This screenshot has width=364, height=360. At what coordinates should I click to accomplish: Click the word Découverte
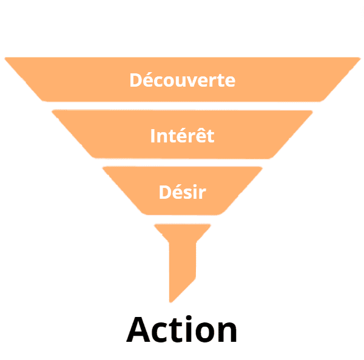pyautogui.click(x=182, y=80)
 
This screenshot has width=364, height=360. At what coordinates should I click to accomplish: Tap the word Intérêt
pyautogui.click(x=182, y=136)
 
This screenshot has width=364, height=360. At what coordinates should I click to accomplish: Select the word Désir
pyautogui.click(x=182, y=193)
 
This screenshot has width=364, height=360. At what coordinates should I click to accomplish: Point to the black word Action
pyautogui.click(x=182, y=330)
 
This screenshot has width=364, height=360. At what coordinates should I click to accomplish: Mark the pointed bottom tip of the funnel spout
pyautogui.click(x=172, y=301)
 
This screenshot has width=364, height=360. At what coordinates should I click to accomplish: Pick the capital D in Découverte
pyautogui.click(x=136, y=80)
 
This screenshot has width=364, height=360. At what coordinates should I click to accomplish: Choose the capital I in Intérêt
pyautogui.click(x=153, y=136)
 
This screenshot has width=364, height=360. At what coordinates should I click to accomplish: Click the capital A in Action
pyautogui.click(x=140, y=330)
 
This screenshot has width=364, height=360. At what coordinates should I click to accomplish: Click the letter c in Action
pyautogui.click(x=163, y=333)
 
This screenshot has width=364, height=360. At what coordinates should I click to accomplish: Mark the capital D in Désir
pyautogui.click(x=164, y=193)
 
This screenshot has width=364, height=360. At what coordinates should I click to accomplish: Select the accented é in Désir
pyautogui.click(x=177, y=193)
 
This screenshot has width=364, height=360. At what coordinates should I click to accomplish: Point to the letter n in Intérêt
pyautogui.click(x=161, y=137)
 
